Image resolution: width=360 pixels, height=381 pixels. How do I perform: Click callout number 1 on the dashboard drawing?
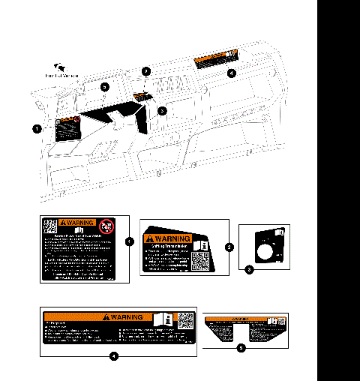(x=36, y=128)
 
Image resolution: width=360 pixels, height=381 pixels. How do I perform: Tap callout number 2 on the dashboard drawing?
(x=147, y=71)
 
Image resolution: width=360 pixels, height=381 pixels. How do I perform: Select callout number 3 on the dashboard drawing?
(x=163, y=110)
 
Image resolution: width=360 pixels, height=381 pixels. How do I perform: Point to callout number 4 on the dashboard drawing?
(x=231, y=73)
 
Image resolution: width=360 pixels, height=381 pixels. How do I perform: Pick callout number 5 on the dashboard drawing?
(x=105, y=87)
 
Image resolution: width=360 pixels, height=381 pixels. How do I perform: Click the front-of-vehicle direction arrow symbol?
(x=60, y=67)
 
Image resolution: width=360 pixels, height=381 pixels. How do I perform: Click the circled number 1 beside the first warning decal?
(x=130, y=241)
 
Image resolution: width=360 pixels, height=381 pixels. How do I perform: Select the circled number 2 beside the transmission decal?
(x=229, y=246)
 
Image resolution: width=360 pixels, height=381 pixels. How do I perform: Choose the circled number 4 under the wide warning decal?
(x=112, y=356)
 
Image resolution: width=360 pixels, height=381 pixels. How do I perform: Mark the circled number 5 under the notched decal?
(x=240, y=348)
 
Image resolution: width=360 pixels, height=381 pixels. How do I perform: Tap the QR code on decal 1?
(x=49, y=226)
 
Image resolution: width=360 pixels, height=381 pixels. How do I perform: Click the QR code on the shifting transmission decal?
(x=199, y=262)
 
